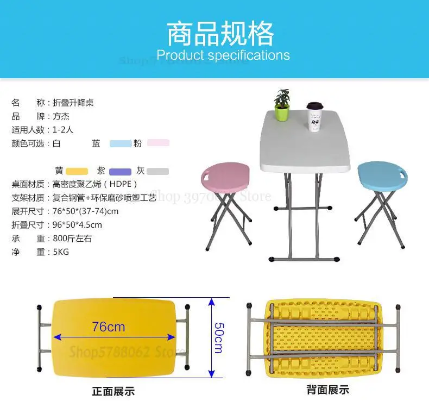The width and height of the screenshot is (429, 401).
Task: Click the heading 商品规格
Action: pyautogui.click(x=219, y=33)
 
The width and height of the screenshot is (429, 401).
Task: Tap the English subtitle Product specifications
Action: pyautogui.click(x=223, y=55)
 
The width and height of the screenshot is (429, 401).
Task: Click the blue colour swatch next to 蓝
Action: pyautogui.click(x=121, y=144)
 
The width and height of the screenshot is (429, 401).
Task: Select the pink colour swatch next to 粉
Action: pyautogui.click(x=158, y=143)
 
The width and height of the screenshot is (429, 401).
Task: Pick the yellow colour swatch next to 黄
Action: pyautogui.click(x=77, y=172)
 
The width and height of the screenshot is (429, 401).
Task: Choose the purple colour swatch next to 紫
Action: pyautogui.click(x=120, y=172)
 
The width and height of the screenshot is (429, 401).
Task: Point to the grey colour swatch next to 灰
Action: pyautogui.click(x=158, y=172)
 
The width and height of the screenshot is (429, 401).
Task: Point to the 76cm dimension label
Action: pyautogui.click(x=109, y=327)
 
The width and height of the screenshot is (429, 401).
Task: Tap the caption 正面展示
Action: pyautogui.click(x=113, y=391)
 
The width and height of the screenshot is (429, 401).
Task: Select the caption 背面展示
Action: pyautogui.click(x=327, y=390)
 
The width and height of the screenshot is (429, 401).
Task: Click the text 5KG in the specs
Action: pyautogui.click(x=61, y=252)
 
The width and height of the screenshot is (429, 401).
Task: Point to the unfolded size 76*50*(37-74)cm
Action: pyautogui.click(x=86, y=211)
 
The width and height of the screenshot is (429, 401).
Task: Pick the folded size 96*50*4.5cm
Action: pyautogui.click(x=77, y=225)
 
